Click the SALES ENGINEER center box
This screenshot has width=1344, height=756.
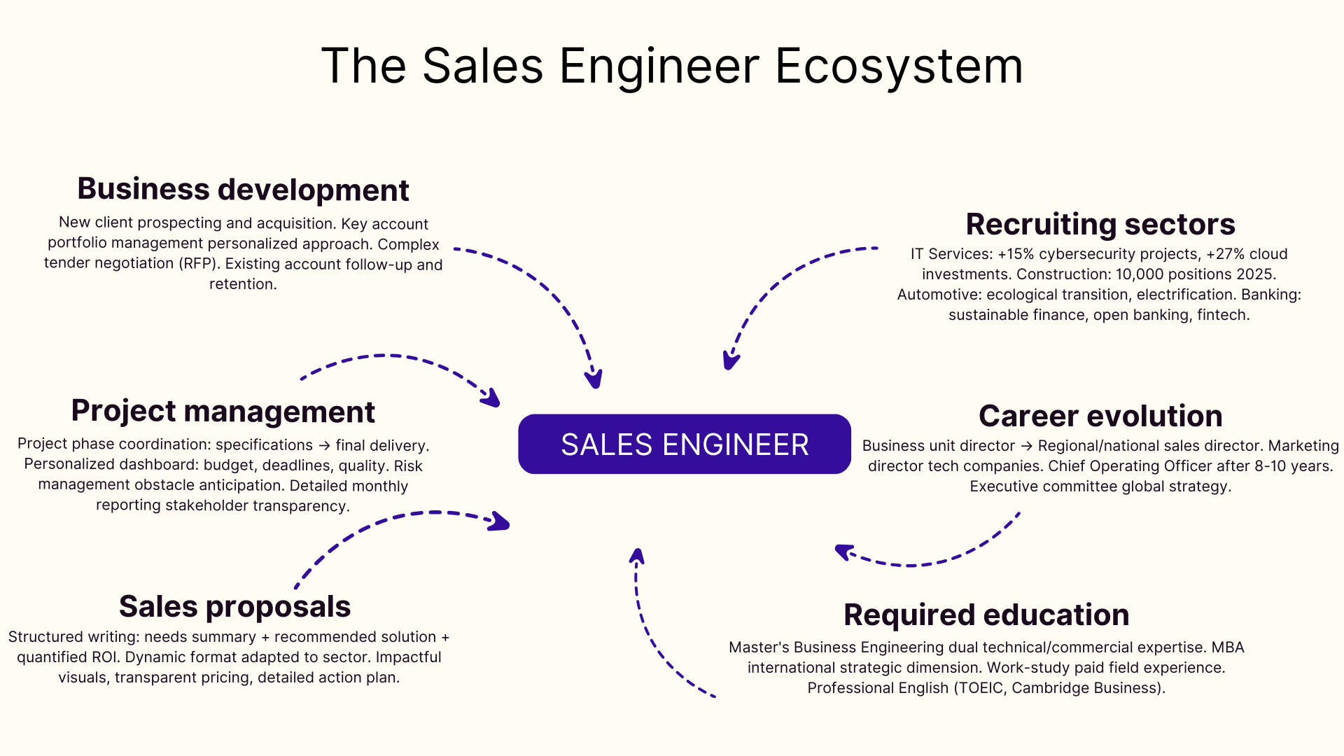[x=684, y=444]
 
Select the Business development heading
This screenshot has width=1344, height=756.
[x=243, y=189]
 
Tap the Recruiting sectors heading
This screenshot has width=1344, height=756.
[x=1100, y=224]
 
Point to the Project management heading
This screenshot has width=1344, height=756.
[x=223, y=411]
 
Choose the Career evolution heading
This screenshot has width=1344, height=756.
[x=1100, y=416]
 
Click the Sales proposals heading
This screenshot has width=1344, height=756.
[x=234, y=606]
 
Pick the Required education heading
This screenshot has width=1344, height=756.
[x=986, y=615]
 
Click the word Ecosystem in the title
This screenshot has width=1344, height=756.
[x=899, y=66]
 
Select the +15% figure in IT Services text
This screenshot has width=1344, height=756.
[x=1016, y=254]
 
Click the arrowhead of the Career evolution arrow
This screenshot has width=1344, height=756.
[x=843, y=552]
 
